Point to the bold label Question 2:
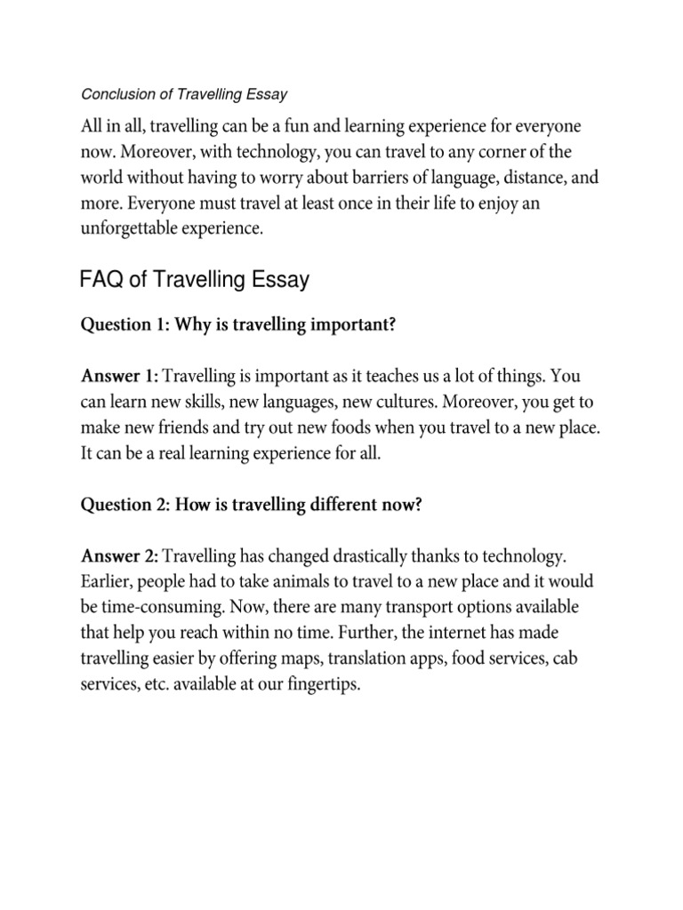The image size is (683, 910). coord(125,505)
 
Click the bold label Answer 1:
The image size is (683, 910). coord(120,377)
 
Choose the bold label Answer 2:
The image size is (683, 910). coord(120,557)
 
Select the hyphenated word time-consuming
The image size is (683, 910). coord(161,609)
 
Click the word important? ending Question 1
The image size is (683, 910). coord(350,325)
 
